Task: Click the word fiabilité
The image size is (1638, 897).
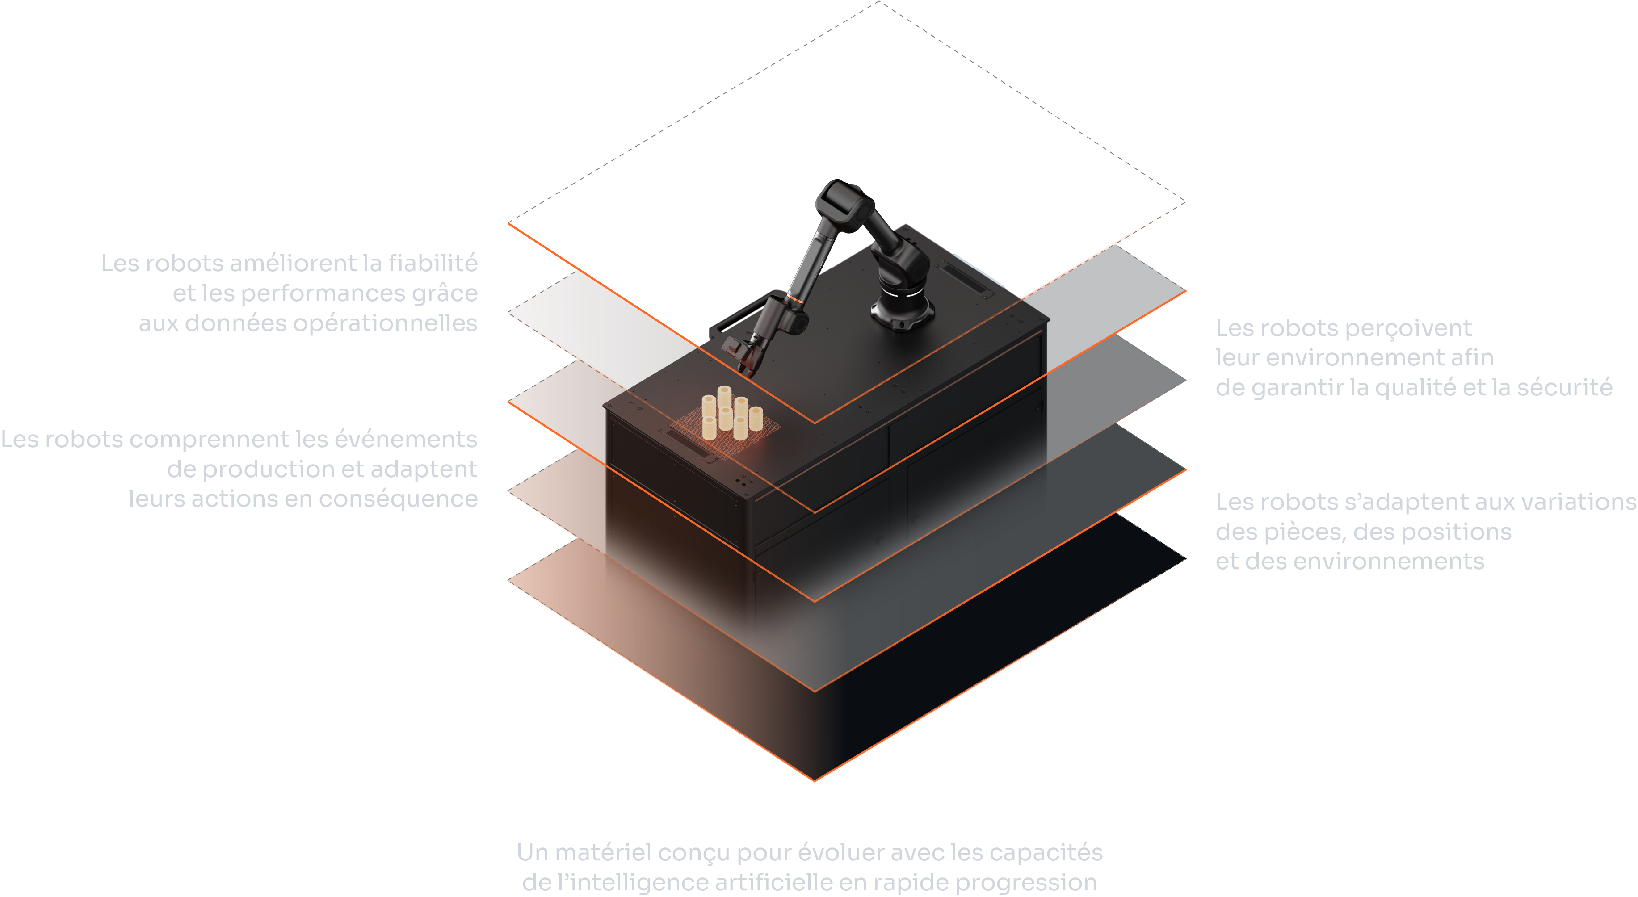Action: tap(433, 263)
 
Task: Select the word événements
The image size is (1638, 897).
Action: tap(406, 439)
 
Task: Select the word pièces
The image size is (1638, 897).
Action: tap(1304, 532)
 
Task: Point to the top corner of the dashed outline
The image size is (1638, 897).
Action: tap(879, 2)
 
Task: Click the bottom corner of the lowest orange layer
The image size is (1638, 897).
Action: tap(815, 780)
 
